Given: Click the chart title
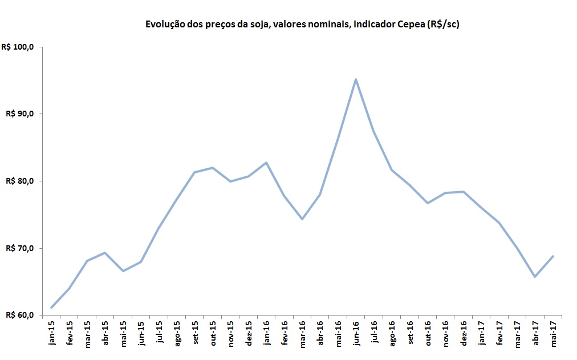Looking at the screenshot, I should (302, 24).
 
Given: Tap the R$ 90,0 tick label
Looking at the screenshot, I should (20, 114).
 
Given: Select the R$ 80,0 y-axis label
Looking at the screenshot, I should (20, 181).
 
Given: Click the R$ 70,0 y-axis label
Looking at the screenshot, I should (20, 248).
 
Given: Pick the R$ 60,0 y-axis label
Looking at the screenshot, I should (20, 315).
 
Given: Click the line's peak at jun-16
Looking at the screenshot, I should (356, 79).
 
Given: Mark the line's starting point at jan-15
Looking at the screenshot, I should (51, 308).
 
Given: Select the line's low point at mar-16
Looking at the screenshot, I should (302, 219).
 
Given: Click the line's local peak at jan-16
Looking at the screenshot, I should (266, 163).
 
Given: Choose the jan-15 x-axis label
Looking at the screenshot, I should (52, 333).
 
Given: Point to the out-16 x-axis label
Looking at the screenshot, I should (428, 333).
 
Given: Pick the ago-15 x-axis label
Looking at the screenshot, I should (177, 333).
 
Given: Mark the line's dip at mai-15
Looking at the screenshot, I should (123, 270).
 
